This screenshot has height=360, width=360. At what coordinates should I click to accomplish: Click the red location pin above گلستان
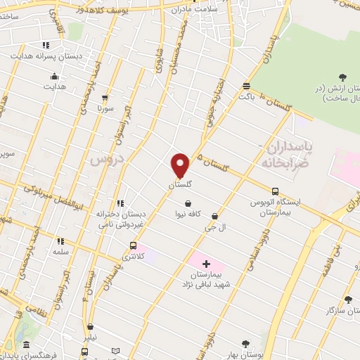(180, 165)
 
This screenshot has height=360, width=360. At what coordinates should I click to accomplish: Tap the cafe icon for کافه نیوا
(188, 203)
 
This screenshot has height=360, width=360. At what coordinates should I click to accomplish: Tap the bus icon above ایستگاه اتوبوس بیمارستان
(274, 191)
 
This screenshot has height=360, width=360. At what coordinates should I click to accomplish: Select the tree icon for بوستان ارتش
(342, 77)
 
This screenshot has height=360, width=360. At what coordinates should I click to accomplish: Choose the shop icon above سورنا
(105, 98)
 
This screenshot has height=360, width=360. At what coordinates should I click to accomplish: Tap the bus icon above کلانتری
(133, 245)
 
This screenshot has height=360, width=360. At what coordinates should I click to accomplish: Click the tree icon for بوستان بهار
(245, 344)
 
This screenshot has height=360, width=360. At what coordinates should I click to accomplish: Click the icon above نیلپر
(91, 326)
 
